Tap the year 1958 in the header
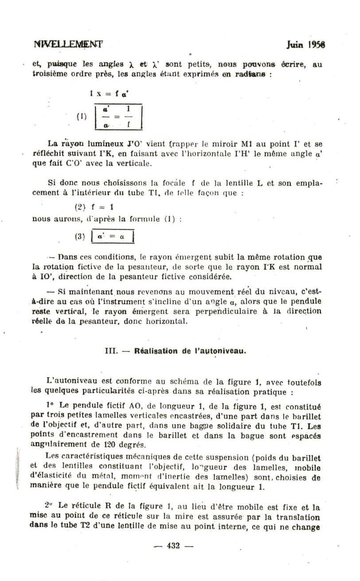coord(317,45)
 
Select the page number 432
coord(173,546)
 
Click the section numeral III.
coord(110,351)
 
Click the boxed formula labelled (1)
coord(118,117)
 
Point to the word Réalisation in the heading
coord(156,351)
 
